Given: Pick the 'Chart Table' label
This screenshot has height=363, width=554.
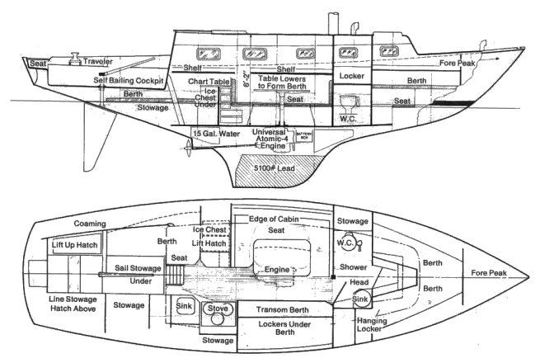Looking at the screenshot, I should point(209,82).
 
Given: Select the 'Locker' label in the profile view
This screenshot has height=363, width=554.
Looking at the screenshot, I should point(351,76).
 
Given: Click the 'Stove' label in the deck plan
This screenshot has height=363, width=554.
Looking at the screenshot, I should point(217,309).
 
